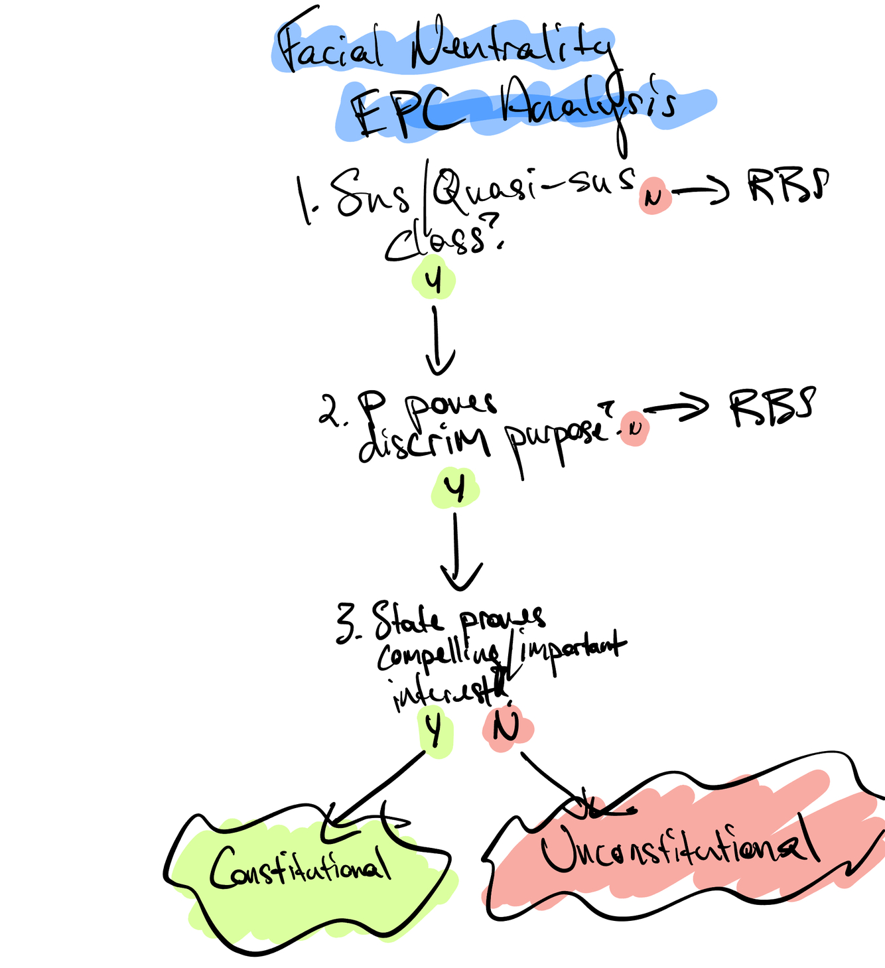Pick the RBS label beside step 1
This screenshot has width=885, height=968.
coord(788,185)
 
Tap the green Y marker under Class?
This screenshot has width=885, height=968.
coord(433,281)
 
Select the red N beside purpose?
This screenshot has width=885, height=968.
coord(634,428)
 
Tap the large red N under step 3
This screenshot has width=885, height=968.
coord(506,728)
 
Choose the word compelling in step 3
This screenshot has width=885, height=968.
coord(439,657)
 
